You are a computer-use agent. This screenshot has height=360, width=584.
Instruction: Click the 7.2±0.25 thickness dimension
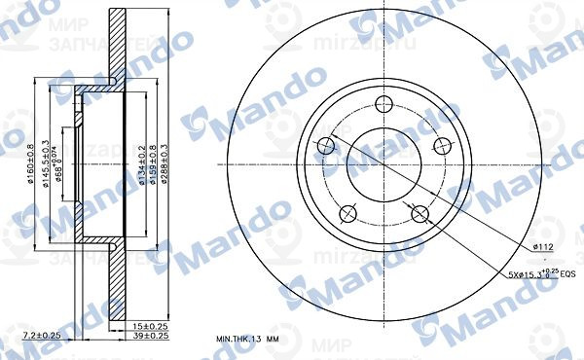(41, 335)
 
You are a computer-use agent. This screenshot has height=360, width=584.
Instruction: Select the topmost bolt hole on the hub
(382, 103)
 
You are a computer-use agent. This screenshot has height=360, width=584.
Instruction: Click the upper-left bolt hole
(326, 146)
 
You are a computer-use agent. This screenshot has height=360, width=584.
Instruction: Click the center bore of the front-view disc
(382, 162)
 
